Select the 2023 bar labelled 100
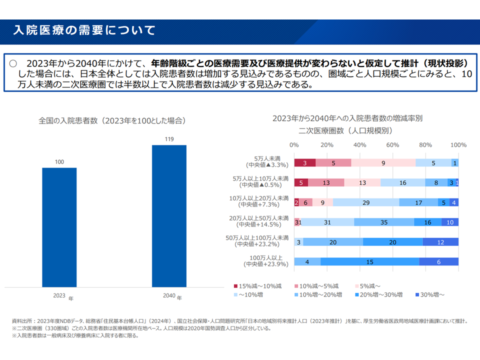[x=59, y=227]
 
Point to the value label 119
[x=169, y=139]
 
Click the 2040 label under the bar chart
[x=169, y=295]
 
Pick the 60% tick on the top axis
[x=392, y=145]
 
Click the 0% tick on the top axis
[x=294, y=145]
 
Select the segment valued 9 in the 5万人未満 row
[x=383, y=162]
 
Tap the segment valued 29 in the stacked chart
[x=366, y=202]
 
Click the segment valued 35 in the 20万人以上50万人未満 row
[x=384, y=222]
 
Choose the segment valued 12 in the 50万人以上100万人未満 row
[x=440, y=242]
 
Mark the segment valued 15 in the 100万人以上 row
[x=369, y=261]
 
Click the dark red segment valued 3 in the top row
[x=304, y=162]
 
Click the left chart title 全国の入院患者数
[x=112, y=121]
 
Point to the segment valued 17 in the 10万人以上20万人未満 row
[x=419, y=202]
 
